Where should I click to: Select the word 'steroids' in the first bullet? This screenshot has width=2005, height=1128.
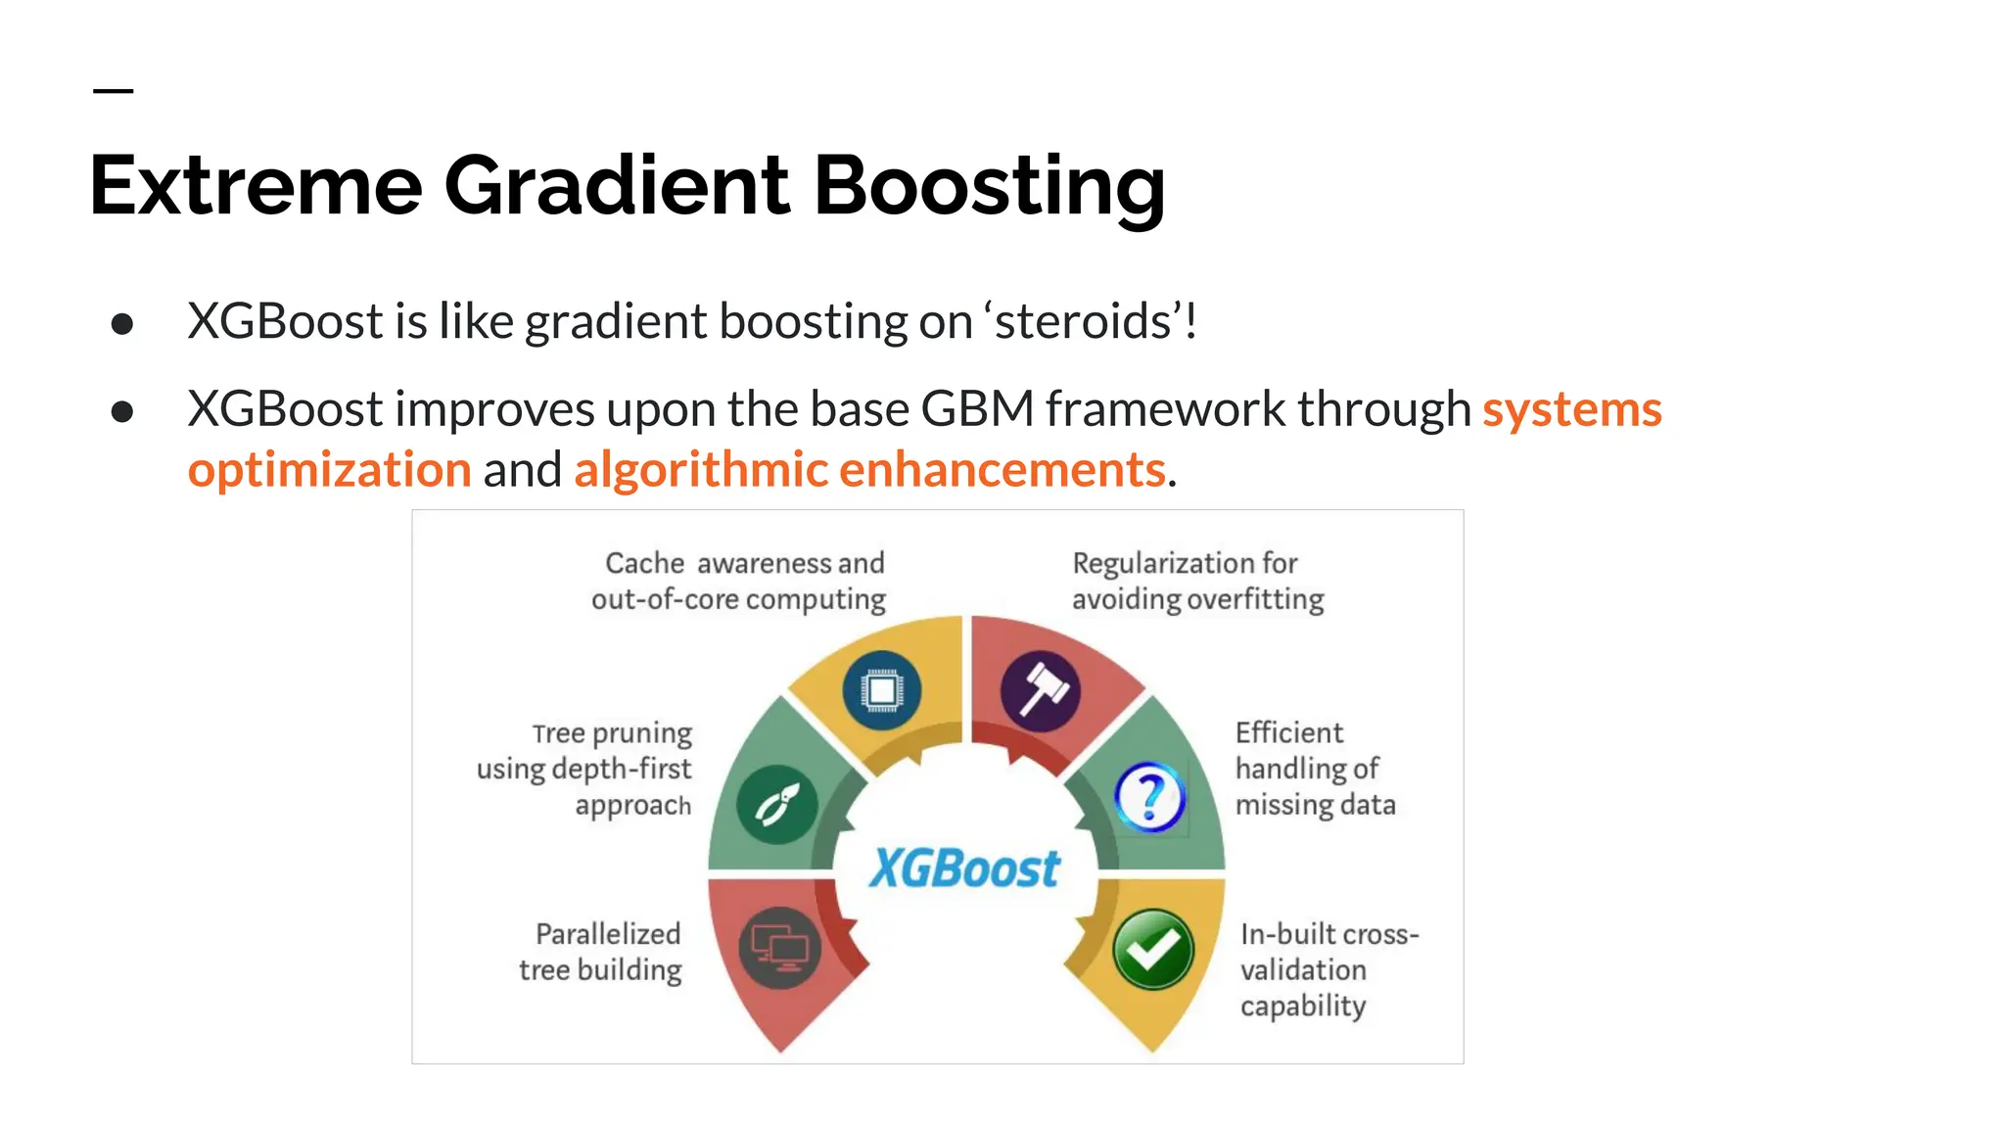point(1082,321)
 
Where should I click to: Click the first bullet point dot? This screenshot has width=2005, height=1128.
point(122,324)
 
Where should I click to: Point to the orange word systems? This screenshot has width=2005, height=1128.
point(1571,408)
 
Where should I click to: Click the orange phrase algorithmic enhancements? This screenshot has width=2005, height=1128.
point(869,469)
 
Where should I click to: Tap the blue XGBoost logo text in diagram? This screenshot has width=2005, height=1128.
point(964,868)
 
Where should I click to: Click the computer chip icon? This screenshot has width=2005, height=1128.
point(881,690)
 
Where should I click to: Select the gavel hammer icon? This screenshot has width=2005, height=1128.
point(1041,691)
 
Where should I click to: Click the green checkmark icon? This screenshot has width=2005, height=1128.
point(1152,949)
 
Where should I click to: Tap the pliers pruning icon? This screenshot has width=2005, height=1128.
point(777,805)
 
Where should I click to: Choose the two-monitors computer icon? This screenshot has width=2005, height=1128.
point(780,948)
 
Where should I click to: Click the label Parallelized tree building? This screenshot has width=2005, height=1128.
point(601,951)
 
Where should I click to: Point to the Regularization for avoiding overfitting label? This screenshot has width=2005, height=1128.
point(1196,581)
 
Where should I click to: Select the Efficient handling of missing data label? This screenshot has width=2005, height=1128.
point(1313,769)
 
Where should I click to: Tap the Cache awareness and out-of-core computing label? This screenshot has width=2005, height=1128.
point(740,581)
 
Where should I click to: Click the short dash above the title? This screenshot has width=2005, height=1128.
point(113,91)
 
